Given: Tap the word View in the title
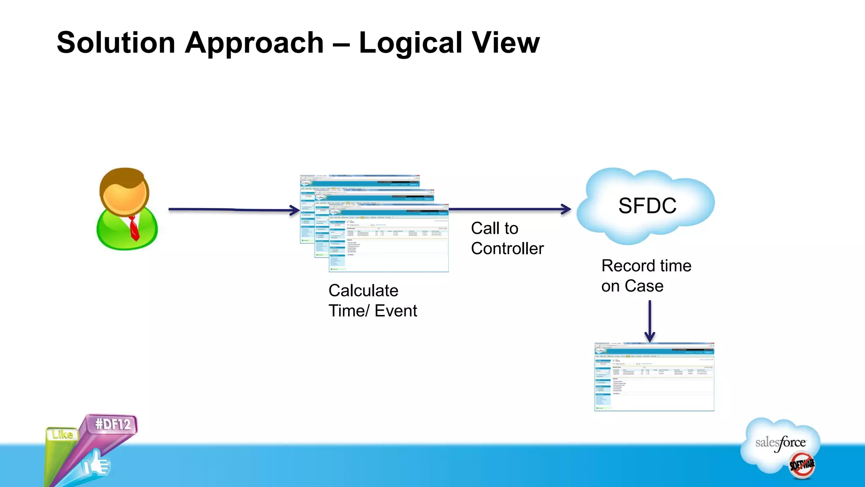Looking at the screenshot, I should [x=506, y=43].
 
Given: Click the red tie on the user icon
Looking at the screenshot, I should [x=134, y=228].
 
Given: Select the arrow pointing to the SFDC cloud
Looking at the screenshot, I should [x=509, y=209].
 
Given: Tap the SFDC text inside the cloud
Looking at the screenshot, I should [x=647, y=206].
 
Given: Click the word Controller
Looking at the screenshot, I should [x=507, y=249].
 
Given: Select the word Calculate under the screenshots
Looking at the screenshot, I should [x=363, y=290].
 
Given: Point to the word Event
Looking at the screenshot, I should [x=396, y=311].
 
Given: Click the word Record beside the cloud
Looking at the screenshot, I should [x=625, y=266].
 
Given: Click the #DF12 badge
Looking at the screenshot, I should [x=112, y=424].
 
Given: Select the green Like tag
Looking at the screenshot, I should [x=63, y=434].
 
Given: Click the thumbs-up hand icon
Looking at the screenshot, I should [x=96, y=465].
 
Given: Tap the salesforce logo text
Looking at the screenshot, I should [x=780, y=443].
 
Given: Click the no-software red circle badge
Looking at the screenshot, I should [x=802, y=465].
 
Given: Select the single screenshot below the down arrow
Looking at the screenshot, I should [x=654, y=377].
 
